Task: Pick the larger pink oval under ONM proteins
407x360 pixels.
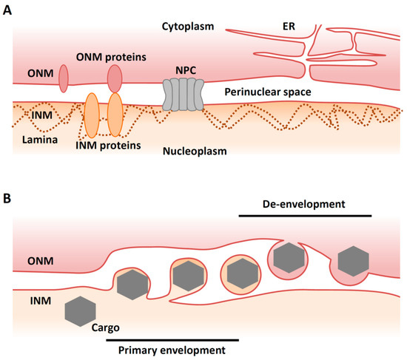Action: (115, 78)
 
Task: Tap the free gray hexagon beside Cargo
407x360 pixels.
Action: (79, 310)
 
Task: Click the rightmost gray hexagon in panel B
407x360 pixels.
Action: (352, 260)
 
